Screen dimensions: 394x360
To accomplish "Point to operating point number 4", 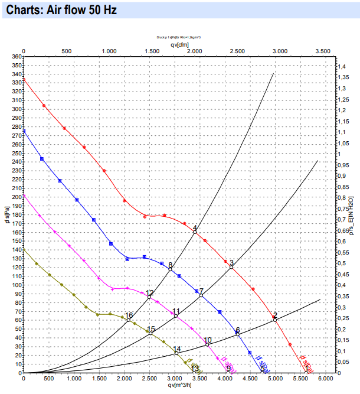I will [195, 232].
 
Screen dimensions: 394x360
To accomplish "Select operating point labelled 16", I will [129, 320].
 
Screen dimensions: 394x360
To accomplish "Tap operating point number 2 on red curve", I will [275, 320].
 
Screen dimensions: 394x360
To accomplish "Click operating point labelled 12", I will [149, 297].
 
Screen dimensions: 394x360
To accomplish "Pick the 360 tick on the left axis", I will [15, 57].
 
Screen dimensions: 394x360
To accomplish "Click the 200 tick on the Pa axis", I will [15, 197].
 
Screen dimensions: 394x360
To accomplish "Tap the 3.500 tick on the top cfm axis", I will [322, 51].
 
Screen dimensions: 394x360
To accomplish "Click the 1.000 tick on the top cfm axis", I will [109, 51].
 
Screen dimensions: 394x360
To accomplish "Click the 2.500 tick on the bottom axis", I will [149, 379].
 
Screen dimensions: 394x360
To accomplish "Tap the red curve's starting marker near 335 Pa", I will [24, 79].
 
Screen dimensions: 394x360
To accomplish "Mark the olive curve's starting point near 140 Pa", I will [24, 250].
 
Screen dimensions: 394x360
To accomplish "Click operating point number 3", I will [231, 267].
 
